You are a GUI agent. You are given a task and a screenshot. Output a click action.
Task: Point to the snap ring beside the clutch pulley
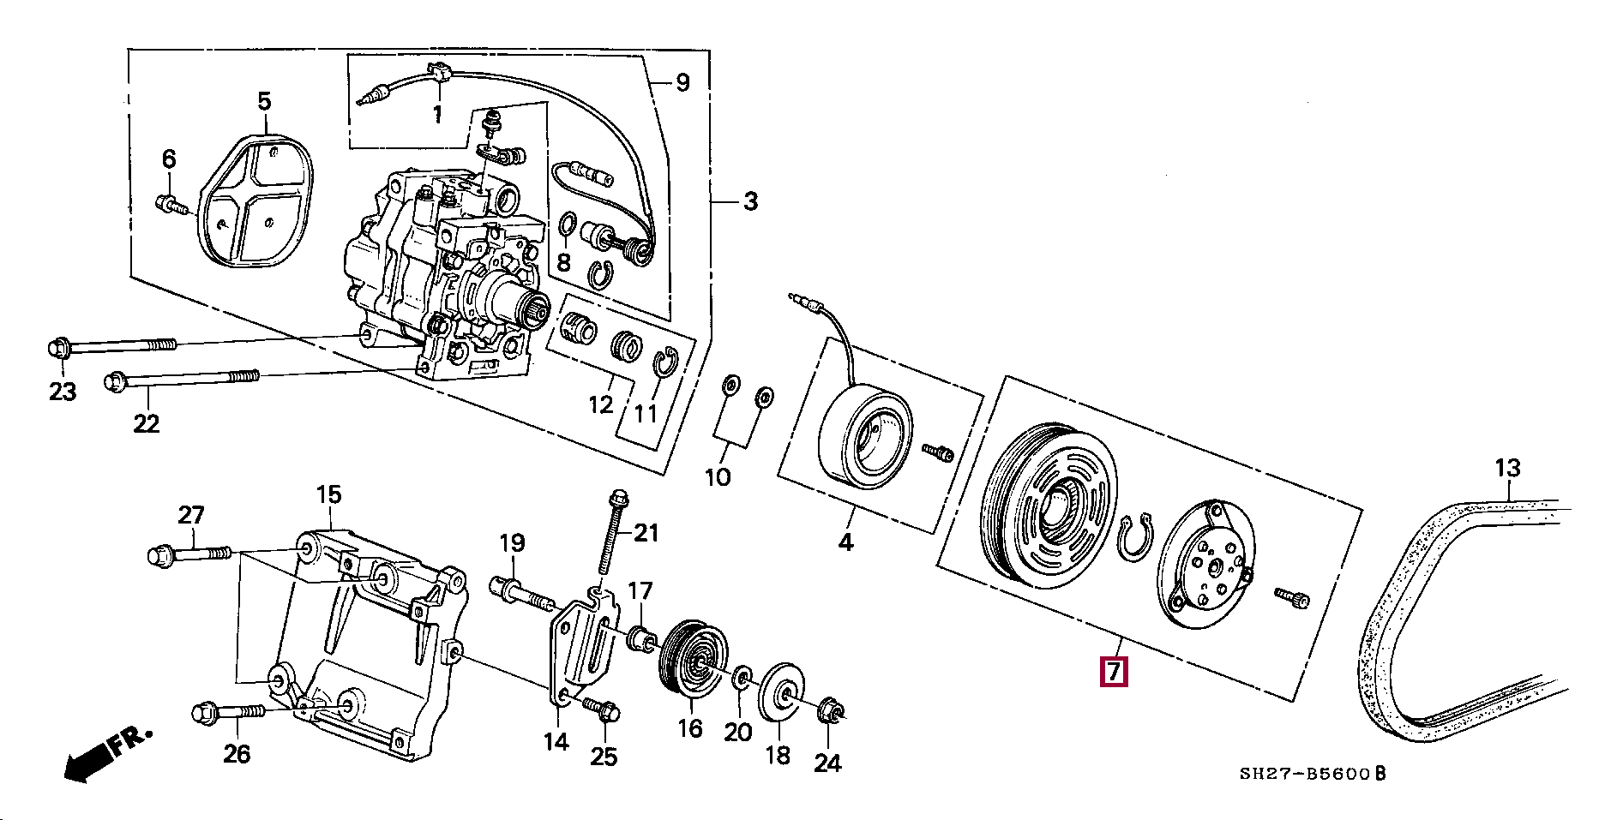1135,541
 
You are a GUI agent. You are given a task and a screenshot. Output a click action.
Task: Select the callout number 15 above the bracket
328,494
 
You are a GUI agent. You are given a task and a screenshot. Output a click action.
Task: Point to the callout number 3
749,202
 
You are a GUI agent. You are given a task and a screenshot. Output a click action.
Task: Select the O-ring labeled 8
567,226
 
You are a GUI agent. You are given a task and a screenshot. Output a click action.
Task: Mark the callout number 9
682,82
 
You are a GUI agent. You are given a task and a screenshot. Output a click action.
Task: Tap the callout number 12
601,404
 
